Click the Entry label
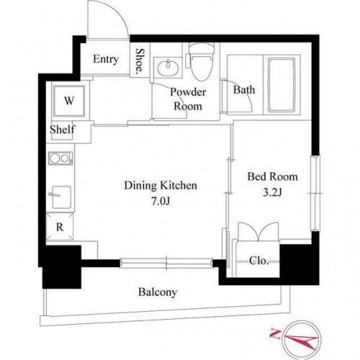click(106, 59)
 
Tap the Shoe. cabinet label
click(140, 60)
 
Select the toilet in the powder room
click(201, 62)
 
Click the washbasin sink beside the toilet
click(168, 68)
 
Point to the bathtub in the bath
click(282, 85)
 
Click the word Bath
click(244, 90)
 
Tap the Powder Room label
click(188, 99)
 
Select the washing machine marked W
click(69, 101)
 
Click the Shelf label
click(63, 130)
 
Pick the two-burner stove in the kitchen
click(60, 158)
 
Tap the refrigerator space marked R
click(60, 227)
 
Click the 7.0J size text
click(161, 201)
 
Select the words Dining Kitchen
click(161, 185)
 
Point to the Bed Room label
click(272, 177)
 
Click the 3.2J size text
click(272, 192)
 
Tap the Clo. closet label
click(258, 261)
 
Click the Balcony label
click(158, 292)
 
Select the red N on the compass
click(276, 333)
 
